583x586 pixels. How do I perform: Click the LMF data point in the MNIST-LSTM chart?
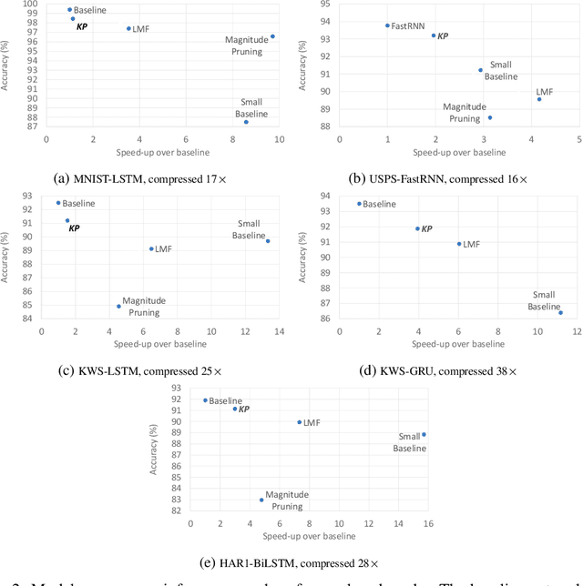coord(128,29)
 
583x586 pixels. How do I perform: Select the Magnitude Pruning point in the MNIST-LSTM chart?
coord(272,36)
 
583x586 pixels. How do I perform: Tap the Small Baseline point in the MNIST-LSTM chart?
coord(246,121)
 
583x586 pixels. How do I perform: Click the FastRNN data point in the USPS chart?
coord(387,25)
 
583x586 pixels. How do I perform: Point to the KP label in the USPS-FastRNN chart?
coord(444,35)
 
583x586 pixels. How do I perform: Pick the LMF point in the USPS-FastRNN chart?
coord(538,98)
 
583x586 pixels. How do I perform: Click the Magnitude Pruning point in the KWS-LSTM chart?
coord(118,306)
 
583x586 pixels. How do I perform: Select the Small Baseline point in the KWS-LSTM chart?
coord(268,241)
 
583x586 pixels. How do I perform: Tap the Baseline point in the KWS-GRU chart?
coord(359,204)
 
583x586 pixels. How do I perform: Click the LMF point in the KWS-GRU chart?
coord(459,244)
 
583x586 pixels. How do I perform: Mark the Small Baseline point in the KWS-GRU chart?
coord(560,313)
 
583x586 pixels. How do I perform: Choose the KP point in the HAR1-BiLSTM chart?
coord(234,409)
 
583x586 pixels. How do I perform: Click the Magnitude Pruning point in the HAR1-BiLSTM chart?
coord(261,500)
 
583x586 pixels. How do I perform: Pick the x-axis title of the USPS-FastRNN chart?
coord(457,152)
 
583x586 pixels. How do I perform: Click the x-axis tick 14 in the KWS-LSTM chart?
coord(279,332)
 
